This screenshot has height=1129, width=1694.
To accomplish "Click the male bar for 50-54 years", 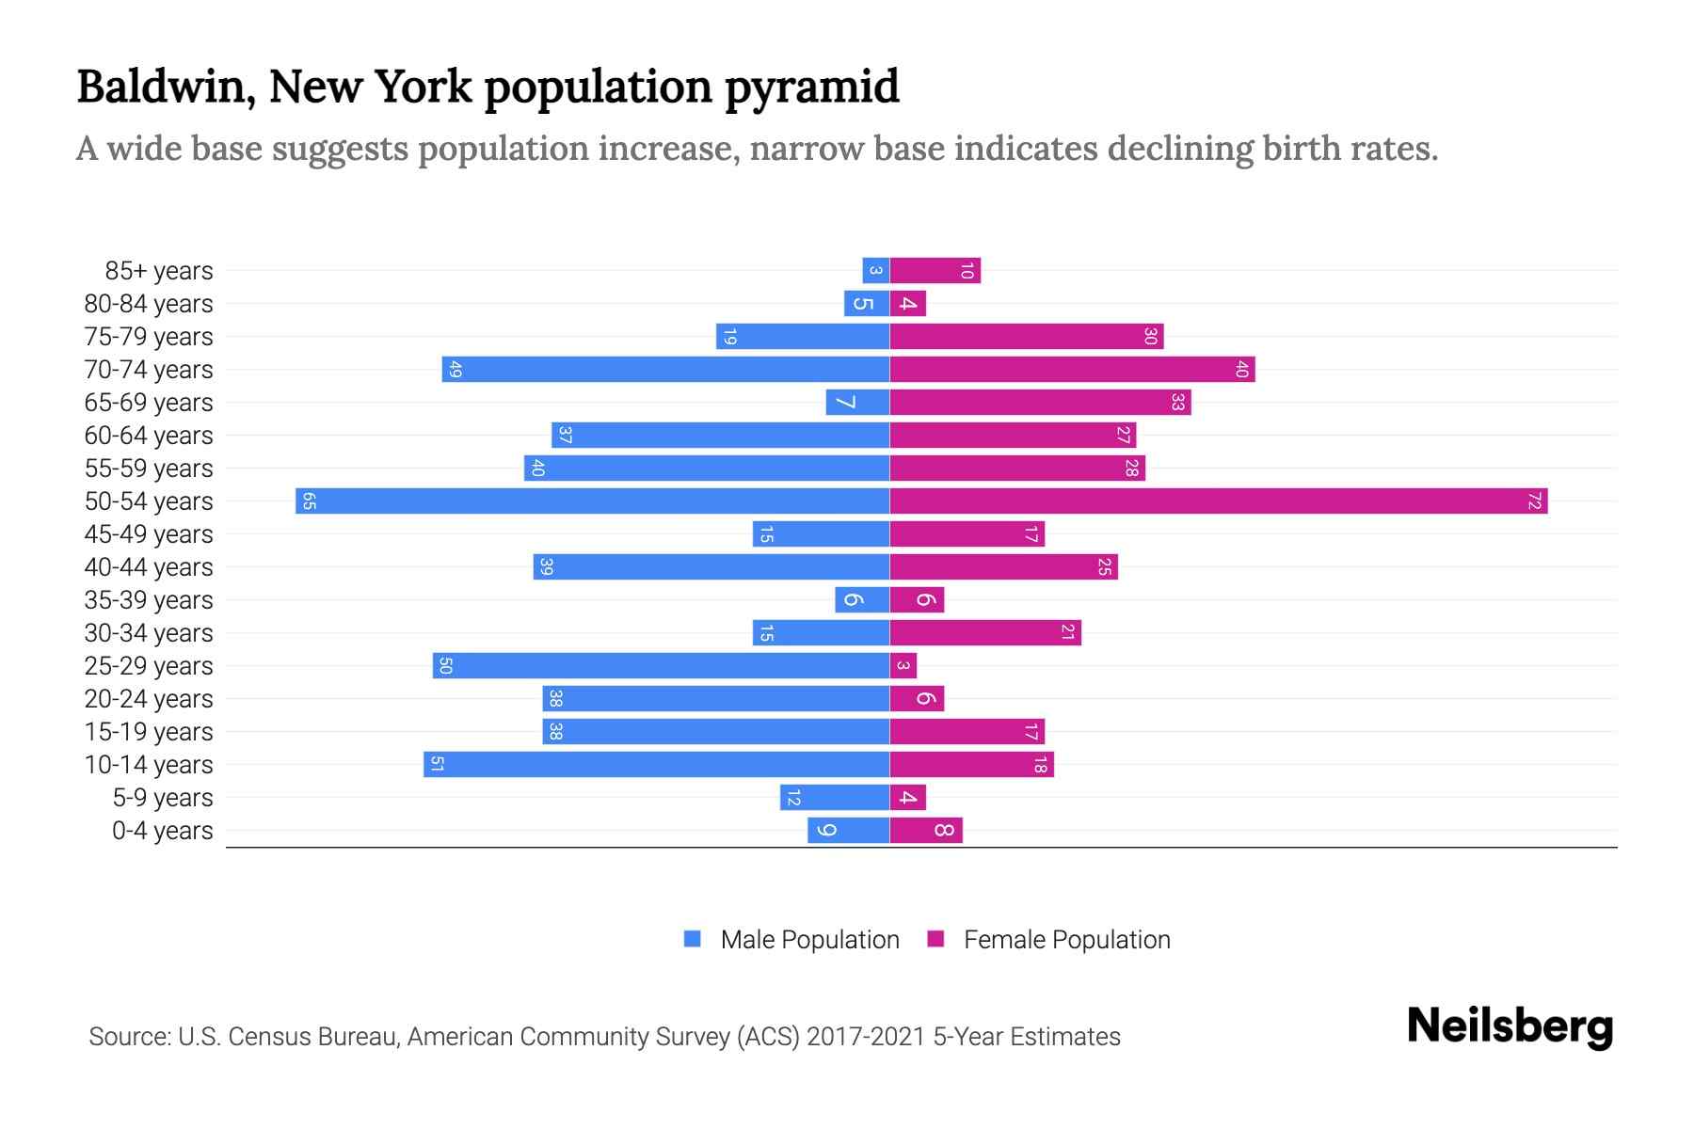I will pos(593,501).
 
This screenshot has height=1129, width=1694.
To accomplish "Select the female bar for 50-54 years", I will pos(1219,501).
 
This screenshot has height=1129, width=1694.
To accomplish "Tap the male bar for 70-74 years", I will pos(665,370).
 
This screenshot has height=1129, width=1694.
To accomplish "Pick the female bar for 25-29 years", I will pos(903,666).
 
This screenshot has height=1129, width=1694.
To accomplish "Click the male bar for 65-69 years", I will pos(857,403).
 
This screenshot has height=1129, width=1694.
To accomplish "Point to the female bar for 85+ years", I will pos(935,271).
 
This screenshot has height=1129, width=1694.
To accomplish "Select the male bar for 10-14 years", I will pos(656,765).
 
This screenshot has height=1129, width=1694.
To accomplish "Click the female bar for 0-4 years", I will pos(926,831).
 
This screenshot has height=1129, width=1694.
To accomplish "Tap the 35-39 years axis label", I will pos(149,600).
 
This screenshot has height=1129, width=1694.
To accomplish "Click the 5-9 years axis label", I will pos(163,798).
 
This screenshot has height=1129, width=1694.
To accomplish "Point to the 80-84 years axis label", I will pos(149,304).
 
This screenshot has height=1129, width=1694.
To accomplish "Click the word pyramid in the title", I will pos(811,87).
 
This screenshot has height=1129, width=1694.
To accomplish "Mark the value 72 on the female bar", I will pos(1534,501).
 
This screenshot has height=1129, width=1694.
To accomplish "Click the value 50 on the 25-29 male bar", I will pos(446,666).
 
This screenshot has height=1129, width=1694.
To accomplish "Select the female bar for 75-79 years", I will pos(1026,337).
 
